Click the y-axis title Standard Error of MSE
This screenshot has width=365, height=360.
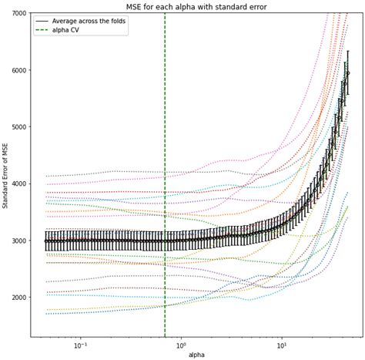click(6, 175)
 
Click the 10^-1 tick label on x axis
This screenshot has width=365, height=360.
click(79, 344)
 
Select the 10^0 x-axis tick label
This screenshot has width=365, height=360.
click(180, 344)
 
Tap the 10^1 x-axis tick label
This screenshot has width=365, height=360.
click(281, 344)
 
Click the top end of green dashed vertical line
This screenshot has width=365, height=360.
click(165, 15)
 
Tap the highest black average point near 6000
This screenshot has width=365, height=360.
click(347, 73)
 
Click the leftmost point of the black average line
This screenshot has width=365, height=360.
click(45, 241)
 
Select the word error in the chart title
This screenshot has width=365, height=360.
click(258, 6)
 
